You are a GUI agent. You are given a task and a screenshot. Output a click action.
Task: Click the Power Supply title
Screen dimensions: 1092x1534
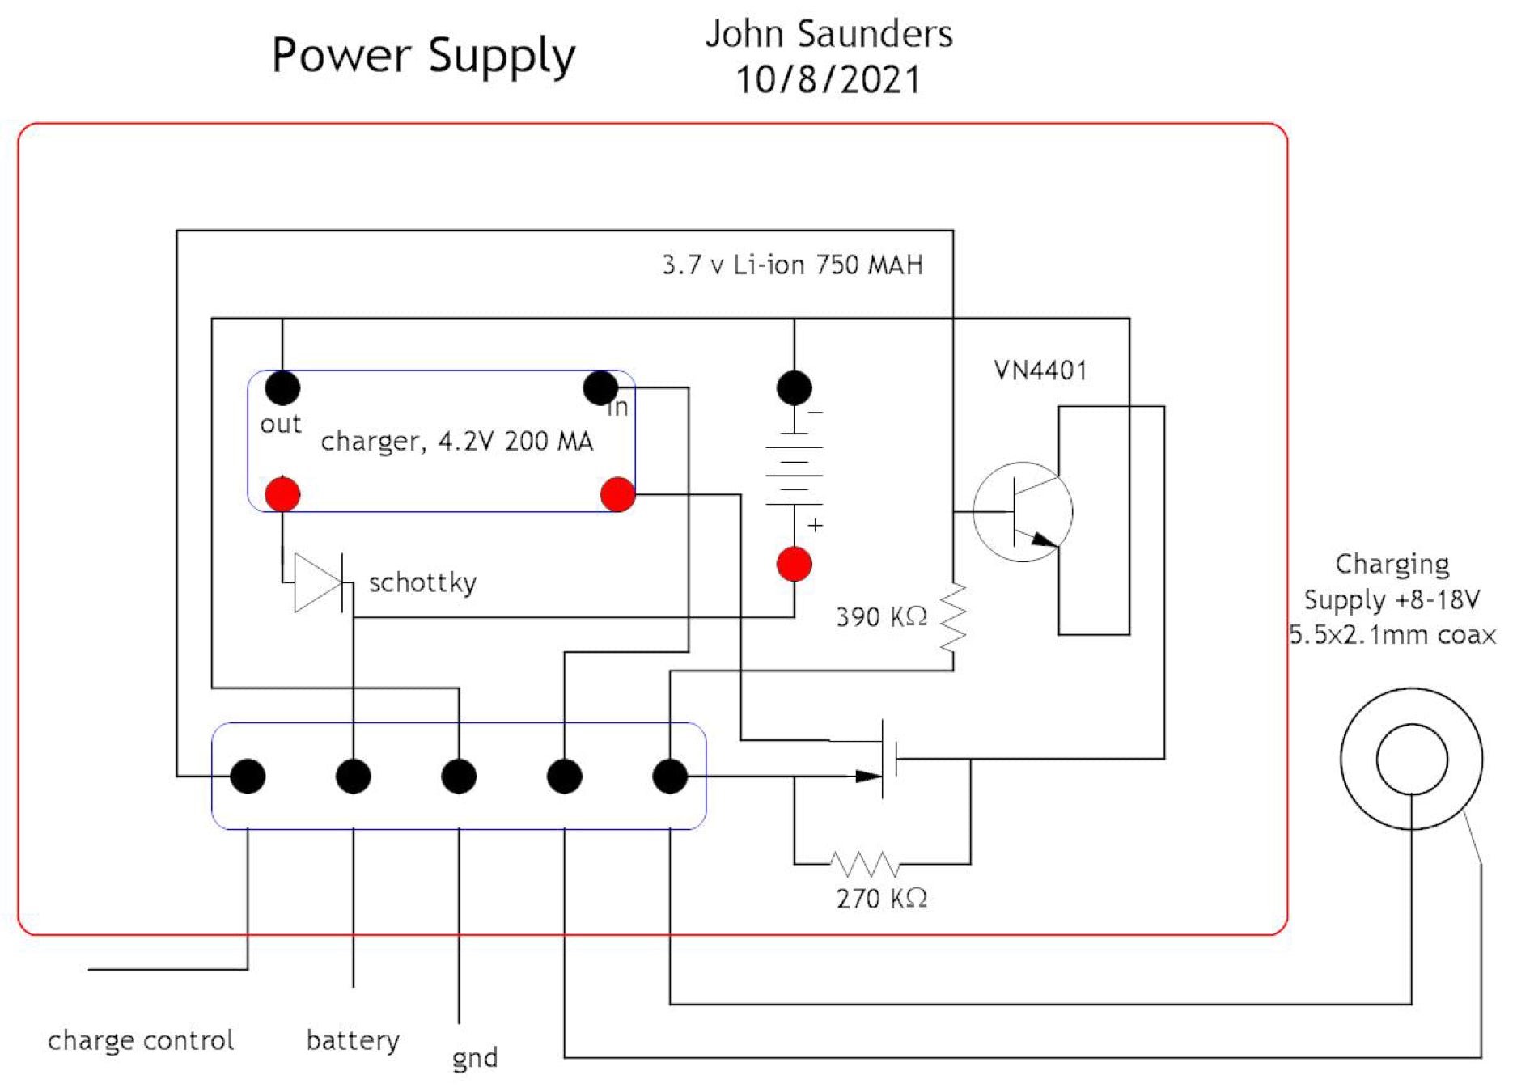pos(423,56)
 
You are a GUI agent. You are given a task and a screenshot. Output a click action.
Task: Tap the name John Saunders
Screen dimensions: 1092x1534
pos(828,34)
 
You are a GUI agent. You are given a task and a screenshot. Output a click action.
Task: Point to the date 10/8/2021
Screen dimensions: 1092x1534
pos(828,80)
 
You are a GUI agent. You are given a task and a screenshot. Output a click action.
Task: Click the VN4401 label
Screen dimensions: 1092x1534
pos(1040,370)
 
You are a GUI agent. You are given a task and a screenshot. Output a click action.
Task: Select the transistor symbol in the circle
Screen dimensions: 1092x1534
pos(1023,512)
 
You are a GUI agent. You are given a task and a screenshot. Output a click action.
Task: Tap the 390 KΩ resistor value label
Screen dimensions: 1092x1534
pos(881,617)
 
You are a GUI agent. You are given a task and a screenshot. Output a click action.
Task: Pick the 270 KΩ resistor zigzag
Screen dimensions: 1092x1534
pos(865,865)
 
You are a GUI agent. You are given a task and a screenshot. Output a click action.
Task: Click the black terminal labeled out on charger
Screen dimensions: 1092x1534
pos(282,388)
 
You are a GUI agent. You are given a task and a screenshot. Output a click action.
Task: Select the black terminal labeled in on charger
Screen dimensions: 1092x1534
pos(600,388)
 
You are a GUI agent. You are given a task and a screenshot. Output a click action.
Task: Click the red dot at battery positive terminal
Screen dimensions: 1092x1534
pos(794,564)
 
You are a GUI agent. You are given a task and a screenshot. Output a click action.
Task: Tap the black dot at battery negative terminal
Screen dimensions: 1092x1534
pos(794,388)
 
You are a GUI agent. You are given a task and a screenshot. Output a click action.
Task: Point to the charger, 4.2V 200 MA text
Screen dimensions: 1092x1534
pos(457,441)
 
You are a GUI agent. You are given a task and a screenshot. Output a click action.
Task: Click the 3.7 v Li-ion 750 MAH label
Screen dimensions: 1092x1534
pos(792,265)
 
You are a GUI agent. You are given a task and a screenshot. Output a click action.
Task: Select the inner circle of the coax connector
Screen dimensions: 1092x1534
pos(1412,760)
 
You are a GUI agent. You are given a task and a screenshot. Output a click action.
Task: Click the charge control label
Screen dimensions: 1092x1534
pos(141,1040)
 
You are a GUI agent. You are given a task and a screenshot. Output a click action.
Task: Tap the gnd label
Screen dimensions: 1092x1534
pos(475,1058)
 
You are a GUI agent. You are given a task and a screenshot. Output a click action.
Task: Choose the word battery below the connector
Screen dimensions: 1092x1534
pos(353,1040)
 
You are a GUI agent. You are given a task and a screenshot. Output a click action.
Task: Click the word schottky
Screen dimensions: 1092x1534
pos(422,582)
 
